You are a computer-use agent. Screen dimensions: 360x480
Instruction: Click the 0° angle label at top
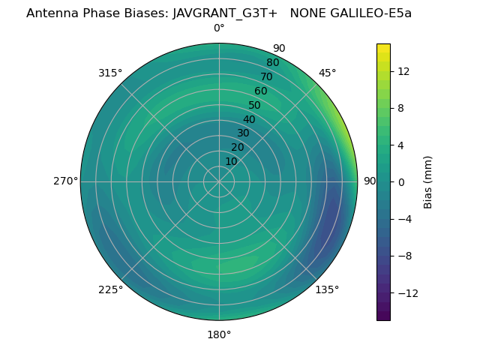[x=219, y=28]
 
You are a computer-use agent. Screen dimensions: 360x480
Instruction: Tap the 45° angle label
[x=328, y=73]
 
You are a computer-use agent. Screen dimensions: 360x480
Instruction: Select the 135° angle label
[x=327, y=289]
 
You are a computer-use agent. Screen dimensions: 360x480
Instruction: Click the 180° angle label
[x=219, y=334]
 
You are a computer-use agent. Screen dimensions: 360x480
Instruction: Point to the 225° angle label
[x=110, y=289]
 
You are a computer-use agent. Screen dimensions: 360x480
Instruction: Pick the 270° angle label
[x=65, y=181]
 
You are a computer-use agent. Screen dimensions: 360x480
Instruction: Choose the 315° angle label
[x=110, y=73]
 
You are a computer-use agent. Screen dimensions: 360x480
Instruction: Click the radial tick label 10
[x=231, y=161]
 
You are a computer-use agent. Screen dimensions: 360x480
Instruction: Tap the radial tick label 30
[x=243, y=133]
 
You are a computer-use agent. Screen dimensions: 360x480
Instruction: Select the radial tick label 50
[x=255, y=105]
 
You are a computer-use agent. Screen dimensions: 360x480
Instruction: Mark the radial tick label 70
[x=267, y=76]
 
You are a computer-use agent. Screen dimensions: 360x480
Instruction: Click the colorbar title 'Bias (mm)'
[x=428, y=182]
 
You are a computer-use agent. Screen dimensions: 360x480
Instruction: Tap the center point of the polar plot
[x=219, y=181]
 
